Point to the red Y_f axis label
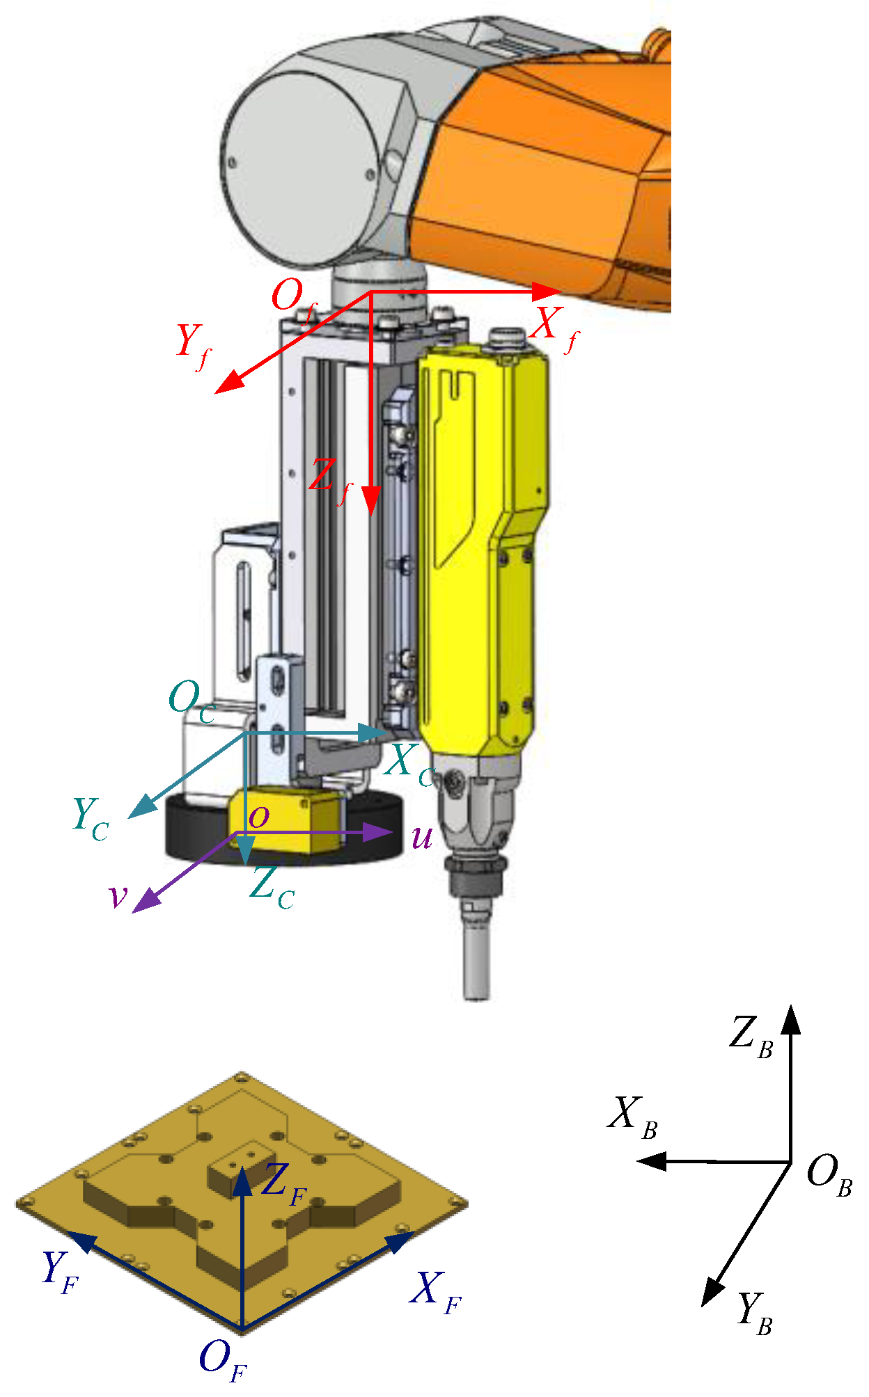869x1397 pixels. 194,346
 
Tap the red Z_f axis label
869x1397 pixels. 330,481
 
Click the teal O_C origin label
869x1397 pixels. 191,702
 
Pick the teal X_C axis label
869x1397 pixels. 410,765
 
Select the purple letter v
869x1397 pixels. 119,897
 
